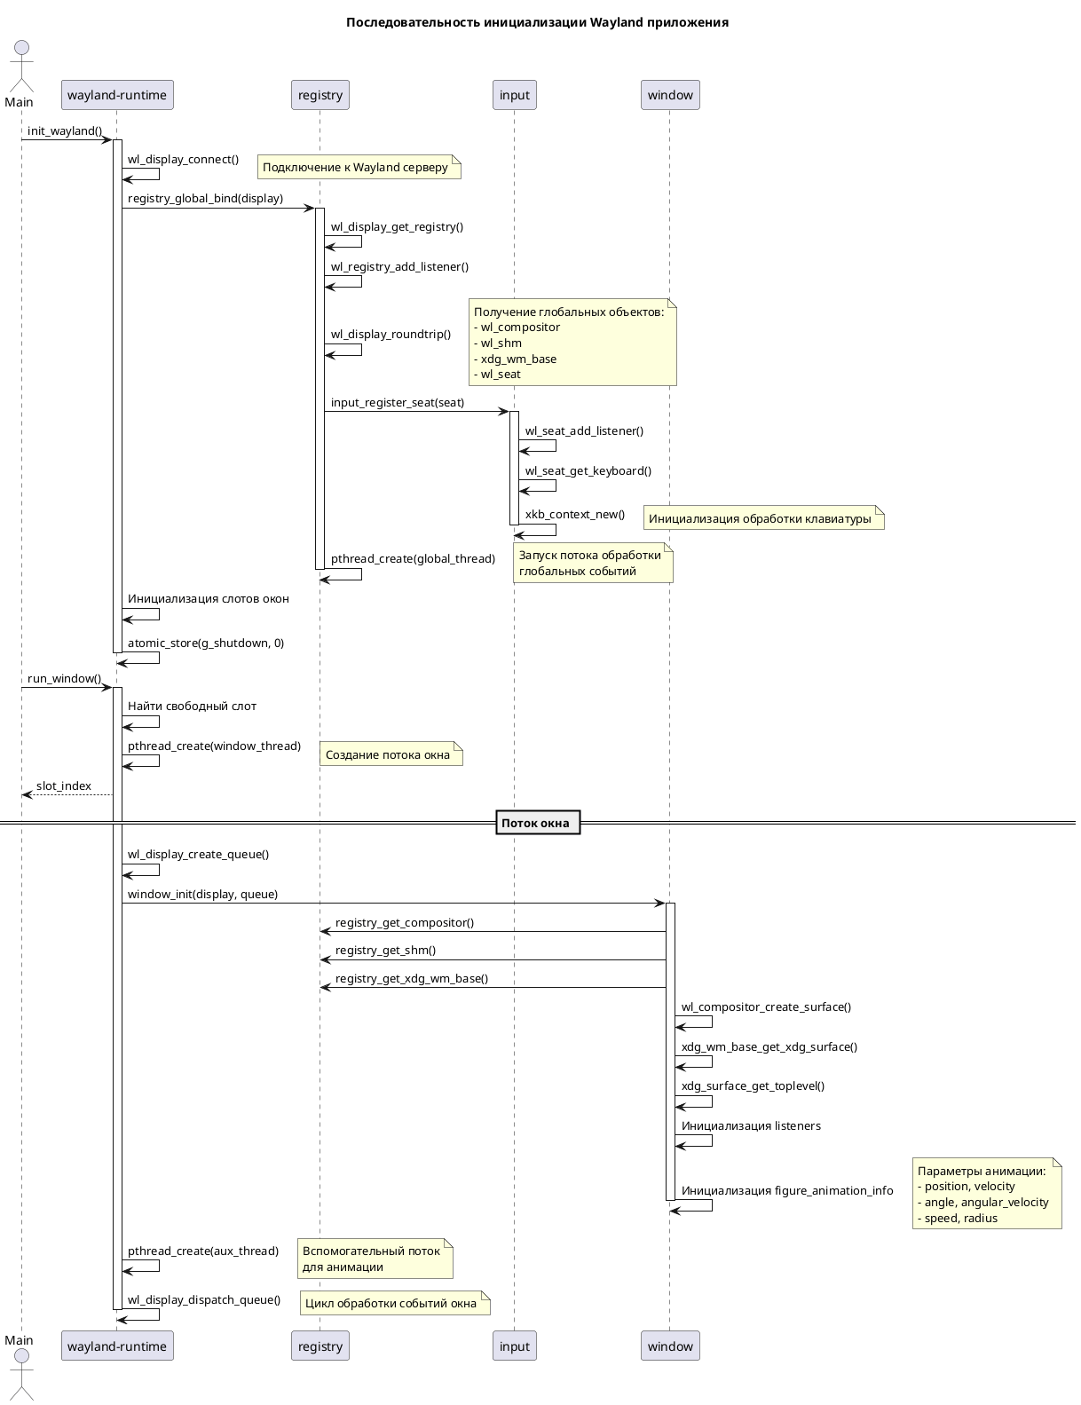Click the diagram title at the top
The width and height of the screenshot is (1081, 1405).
[x=537, y=22]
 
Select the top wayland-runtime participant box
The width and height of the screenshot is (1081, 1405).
[x=117, y=95]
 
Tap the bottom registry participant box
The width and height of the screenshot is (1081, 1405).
[x=320, y=1346]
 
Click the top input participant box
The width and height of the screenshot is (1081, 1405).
[x=514, y=95]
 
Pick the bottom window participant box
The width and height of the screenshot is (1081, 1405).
[x=670, y=1346]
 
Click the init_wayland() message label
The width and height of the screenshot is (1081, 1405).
[x=65, y=131]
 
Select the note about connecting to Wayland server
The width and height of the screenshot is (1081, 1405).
[x=359, y=167]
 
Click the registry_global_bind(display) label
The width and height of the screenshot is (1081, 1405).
[x=205, y=199]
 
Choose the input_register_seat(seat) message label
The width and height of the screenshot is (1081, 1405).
[x=397, y=403]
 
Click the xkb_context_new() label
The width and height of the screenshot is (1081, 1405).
[x=574, y=515]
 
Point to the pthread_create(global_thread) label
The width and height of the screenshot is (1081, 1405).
[x=413, y=559]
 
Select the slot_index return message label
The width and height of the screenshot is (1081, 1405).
[x=64, y=786]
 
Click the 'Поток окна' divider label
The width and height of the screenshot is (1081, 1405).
[x=537, y=823]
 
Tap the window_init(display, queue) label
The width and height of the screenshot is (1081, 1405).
[x=202, y=895]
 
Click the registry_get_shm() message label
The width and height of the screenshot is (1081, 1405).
[x=385, y=951]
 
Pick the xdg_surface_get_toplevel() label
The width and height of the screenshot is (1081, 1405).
[x=753, y=1086]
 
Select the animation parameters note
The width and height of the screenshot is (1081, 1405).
[x=986, y=1194]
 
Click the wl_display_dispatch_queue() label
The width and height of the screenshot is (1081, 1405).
[x=203, y=1300]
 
